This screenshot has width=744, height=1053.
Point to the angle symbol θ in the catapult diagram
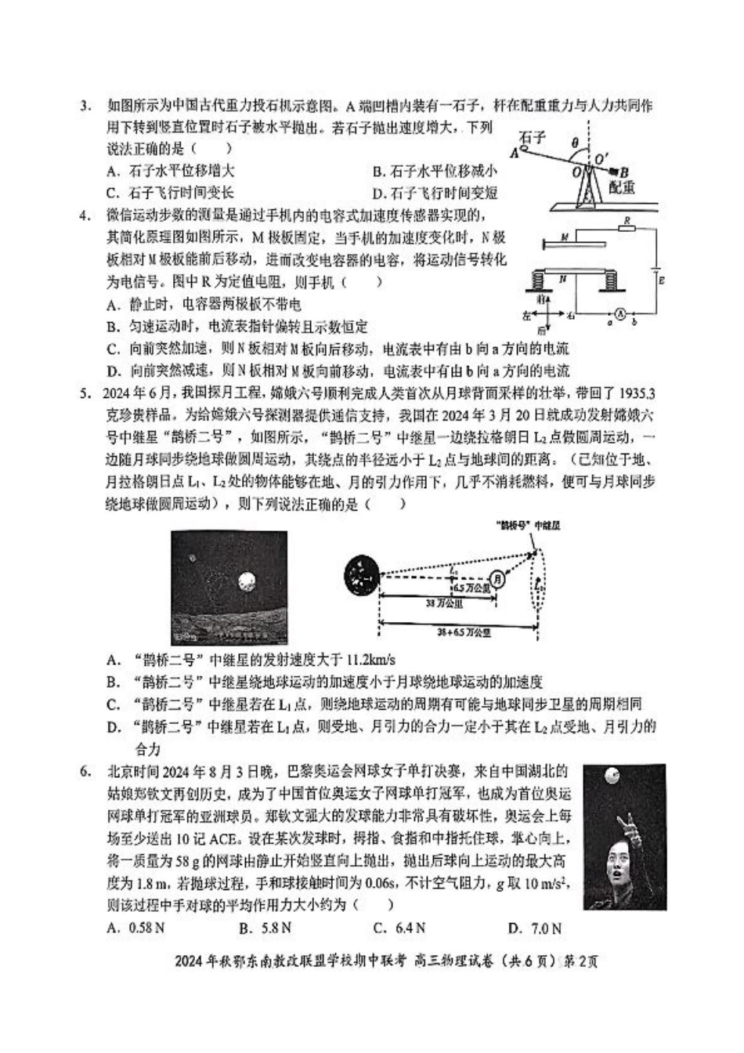[576, 143]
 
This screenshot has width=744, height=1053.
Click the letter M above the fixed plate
[564, 235]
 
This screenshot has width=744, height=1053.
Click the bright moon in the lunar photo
[248, 581]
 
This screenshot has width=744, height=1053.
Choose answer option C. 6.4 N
[399, 929]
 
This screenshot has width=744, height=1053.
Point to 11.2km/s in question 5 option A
[370, 660]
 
